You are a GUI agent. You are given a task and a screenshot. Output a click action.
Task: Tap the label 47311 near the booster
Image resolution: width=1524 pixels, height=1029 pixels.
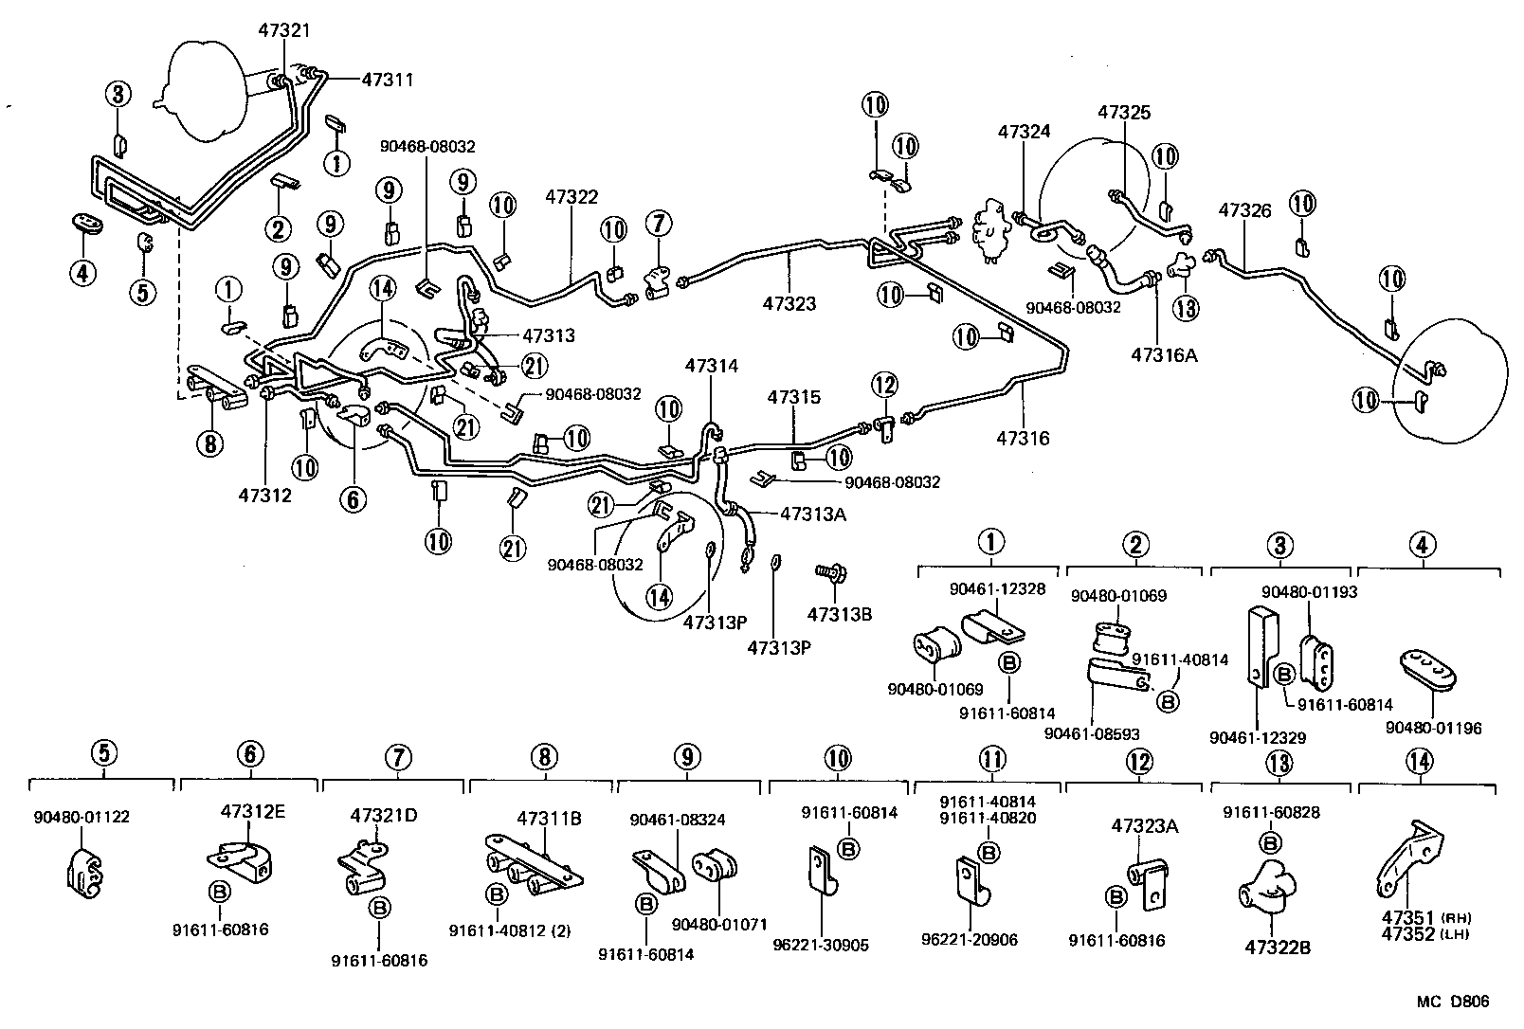click(388, 80)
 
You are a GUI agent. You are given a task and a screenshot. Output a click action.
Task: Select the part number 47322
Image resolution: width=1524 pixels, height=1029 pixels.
click(571, 197)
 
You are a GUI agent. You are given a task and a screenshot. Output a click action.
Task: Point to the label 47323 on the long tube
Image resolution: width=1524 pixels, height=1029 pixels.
click(789, 303)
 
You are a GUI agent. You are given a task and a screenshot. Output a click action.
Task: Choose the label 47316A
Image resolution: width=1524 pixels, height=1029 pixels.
click(1164, 354)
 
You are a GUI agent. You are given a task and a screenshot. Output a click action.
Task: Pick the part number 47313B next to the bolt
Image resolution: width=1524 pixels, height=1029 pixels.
click(839, 613)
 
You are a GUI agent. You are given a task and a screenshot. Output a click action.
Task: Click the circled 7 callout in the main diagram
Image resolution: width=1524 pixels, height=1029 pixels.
click(659, 224)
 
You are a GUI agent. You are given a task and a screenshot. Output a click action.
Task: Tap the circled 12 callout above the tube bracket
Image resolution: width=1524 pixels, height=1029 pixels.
click(883, 384)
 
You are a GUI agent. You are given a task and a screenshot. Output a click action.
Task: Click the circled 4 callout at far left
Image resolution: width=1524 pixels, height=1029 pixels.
click(82, 273)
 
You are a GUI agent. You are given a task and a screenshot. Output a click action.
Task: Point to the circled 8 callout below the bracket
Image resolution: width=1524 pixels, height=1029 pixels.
click(209, 442)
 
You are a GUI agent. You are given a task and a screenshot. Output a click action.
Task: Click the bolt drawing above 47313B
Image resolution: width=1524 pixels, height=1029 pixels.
click(831, 573)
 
